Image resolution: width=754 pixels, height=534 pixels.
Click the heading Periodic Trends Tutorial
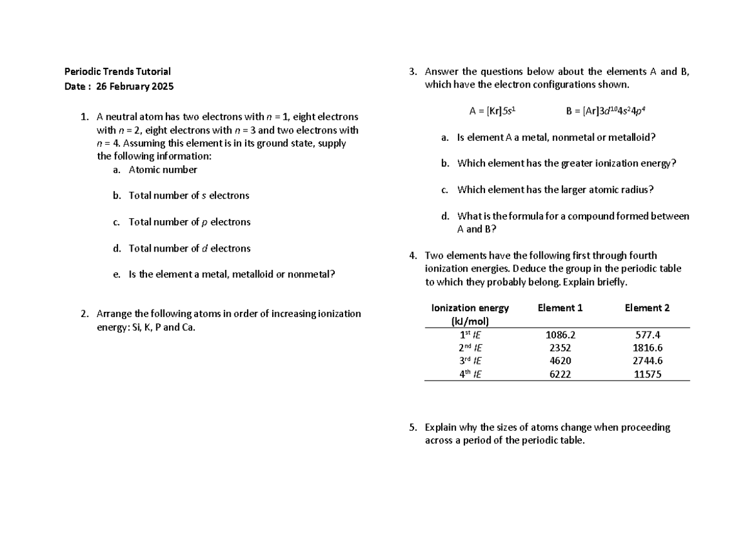coord(118,72)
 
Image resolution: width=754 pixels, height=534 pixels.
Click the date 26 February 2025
coord(134,86)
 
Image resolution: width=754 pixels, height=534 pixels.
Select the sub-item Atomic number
coord(163,170)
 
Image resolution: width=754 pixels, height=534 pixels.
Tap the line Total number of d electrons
coord(189,248)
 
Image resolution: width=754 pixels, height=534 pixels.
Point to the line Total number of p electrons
coord(189,222)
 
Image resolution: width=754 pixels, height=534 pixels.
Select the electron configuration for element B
coord(606,111)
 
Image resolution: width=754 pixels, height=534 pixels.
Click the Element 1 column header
coord(560,308)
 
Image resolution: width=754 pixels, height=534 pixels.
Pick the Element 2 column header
coord(647,308)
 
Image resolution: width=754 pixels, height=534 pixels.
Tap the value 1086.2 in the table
coord(560,335)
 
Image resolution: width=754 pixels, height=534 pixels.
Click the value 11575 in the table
coord(648,374)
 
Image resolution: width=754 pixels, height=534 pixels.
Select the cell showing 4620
coord(560,361)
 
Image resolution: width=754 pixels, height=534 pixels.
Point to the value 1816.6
coord(648,348)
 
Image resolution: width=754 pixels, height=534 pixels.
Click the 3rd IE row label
coord(470,361)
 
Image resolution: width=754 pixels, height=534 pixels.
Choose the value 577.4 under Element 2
coord(648,335)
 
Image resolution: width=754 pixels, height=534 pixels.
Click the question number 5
coord(412,428)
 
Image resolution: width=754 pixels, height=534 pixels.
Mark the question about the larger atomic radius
coord(555,190)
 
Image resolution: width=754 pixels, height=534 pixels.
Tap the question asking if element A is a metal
coord(557,138)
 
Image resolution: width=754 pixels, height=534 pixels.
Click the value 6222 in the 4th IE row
coord(560,374)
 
